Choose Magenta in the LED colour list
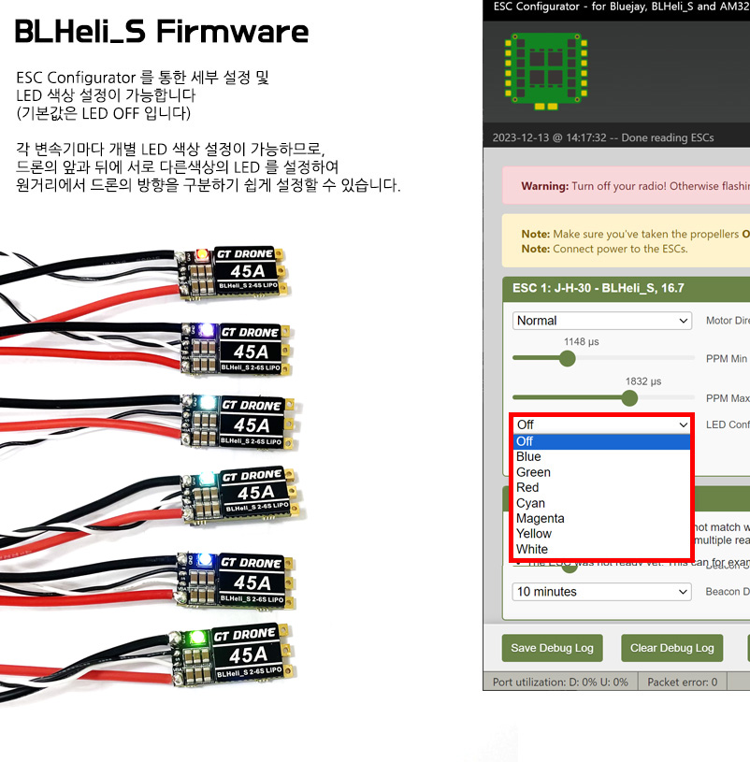pos(541,518)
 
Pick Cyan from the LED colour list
pos(530,503)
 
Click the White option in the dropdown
pos(532,549)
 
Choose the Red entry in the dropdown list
pos(527,487)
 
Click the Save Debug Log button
pos(552,648)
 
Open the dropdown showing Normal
pos(602,321)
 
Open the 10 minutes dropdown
pos(602,592)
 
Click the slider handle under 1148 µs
pos(567,358)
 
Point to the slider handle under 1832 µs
pos(629,398)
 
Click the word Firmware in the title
pos(232,33)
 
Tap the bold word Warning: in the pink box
pos(544,186)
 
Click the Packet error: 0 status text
pos(682,682)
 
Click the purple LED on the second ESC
pos(198,330)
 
